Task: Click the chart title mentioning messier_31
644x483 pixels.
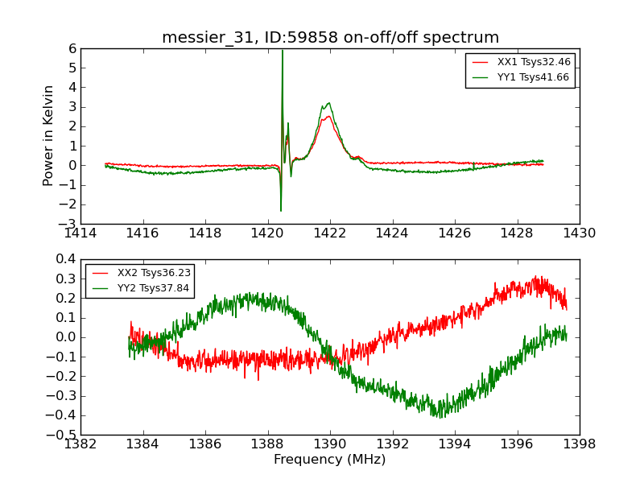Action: (x=330, y=38)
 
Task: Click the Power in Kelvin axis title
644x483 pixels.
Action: (x=49, y=135)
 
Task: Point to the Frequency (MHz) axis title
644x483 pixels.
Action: (x=330, y=460)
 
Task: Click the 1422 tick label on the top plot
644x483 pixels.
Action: (x=330, y=233)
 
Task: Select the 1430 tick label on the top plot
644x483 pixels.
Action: (x=580, y=233)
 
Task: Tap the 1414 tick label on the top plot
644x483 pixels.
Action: (x=80, y=233)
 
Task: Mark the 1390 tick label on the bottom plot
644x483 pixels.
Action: (x=330, y=444)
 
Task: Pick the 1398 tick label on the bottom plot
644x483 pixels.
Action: (x=580, y=444)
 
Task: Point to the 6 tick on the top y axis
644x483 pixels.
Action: (x=72, y=48)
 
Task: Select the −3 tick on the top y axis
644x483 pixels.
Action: (x=68, y=224)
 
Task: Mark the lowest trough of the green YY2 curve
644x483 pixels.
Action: (x=440, y=416)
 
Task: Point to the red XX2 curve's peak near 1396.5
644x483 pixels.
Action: (x=537, y=277)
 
